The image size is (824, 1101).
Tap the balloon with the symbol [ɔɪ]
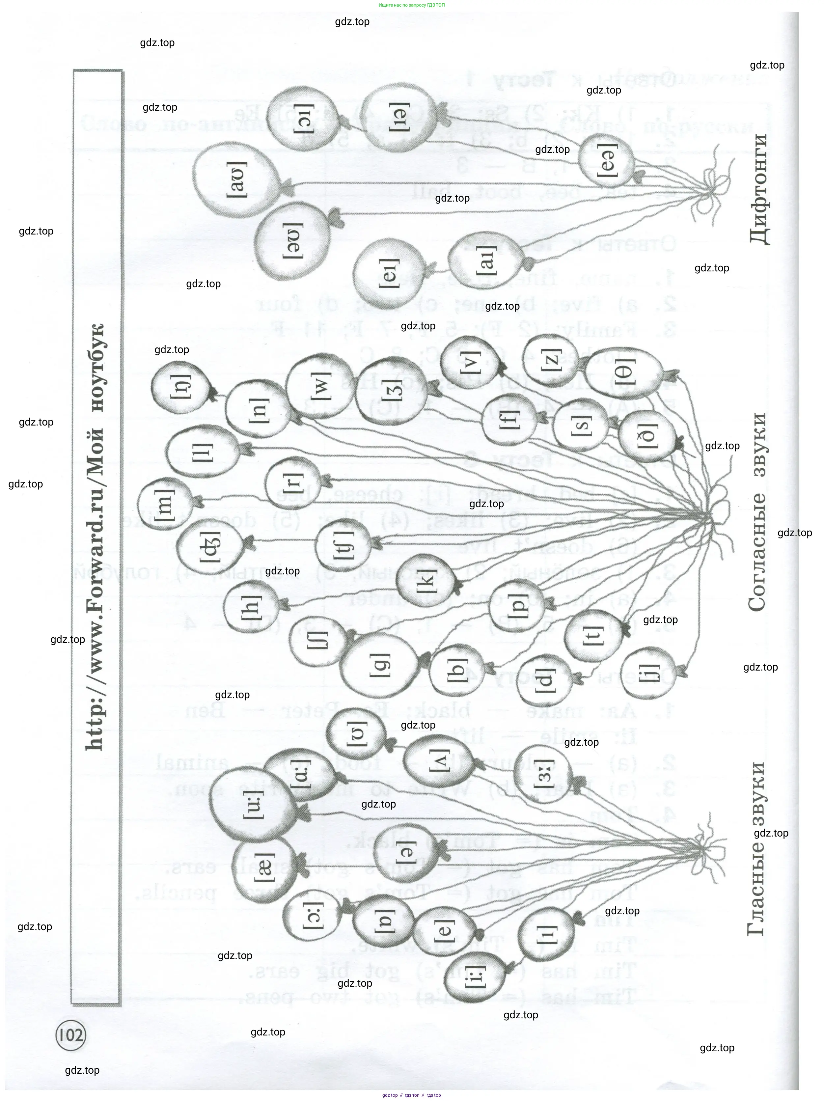[302, 119]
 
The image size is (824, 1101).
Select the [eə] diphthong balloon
[606, 160]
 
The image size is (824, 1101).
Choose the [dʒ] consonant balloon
[210, 546]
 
